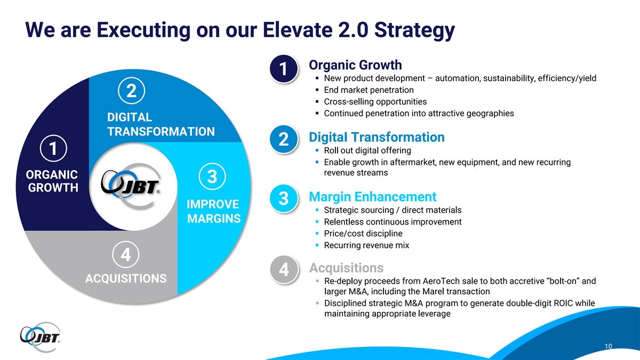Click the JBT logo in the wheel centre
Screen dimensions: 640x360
coord(131,186)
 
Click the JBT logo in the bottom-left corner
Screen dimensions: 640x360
coord(40,337)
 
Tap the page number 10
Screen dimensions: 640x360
coord(609,346)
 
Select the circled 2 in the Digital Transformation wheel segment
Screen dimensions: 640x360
coord(131,91)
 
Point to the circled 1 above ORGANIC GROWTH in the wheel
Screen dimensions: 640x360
coord(53,149)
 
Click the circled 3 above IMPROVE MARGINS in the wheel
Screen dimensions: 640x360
coord(212,177)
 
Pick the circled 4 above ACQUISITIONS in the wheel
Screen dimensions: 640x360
coord(126,254)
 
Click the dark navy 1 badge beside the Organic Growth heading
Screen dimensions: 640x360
coord(284,69)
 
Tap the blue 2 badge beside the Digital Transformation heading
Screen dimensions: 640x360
coord(284,139)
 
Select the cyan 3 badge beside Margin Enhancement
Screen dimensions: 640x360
coord(284,198)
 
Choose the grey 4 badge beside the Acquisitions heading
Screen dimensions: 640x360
coord(284,269)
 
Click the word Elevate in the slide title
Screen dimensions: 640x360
coord(298,30)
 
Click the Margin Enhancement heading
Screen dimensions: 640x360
coord(373,197)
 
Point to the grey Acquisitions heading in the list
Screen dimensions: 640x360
coord(346,268)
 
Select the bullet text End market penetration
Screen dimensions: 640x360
coord(369,90)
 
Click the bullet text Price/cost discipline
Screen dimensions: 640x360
coord(363,234)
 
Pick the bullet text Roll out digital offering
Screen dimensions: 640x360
coord(367,150)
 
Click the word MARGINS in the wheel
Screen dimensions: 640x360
coord(214,219)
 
